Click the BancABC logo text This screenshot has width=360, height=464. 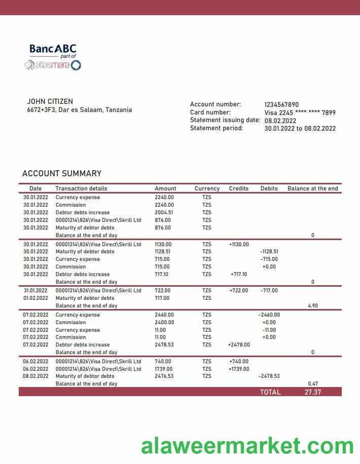point(53,49)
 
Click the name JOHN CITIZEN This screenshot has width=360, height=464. point(50,101)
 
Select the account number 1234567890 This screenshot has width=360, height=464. point(281,104)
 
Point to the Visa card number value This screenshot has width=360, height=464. point(300,112)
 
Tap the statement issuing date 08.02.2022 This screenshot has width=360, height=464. point(280,121)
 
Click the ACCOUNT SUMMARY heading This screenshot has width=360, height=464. point(62,173)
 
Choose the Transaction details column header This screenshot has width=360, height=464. point(81,188)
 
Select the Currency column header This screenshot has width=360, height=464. point(207,188)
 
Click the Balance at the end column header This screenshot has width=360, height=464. point(312,188)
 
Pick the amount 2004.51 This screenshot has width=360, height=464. point(164,213)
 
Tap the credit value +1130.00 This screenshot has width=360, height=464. point(239,244)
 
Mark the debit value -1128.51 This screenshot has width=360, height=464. point(269,252)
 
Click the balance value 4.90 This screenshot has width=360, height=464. point(313,306)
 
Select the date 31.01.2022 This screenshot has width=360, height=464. point(35,291)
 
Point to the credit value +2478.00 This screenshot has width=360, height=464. point(239,345)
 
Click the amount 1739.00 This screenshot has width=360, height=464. point(163,369)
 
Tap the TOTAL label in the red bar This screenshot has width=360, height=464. point(270,392)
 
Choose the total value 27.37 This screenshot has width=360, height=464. point(313,392)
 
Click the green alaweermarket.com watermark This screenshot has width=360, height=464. point(247,446)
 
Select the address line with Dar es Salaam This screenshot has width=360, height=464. point(79,110)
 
